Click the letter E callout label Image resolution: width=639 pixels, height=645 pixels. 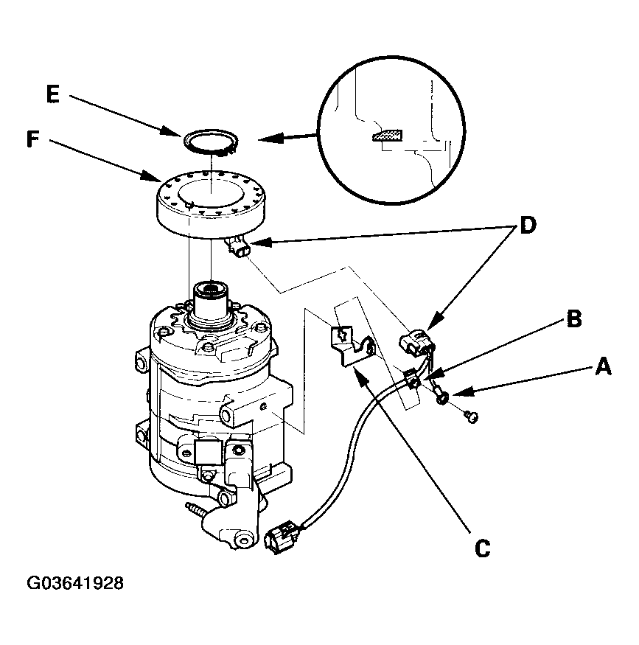coord(53,94)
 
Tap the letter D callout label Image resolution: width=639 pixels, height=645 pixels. coord(528,225)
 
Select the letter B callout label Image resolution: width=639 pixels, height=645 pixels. coord(574,318)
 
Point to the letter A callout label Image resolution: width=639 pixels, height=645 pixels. coord(603,366)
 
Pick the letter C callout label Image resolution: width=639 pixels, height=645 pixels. coord(482,548)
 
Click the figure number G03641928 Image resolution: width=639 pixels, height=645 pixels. coord(75,583)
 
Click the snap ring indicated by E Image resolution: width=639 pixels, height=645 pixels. coord(211,142)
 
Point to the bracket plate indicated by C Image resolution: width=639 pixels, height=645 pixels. coord(352,344)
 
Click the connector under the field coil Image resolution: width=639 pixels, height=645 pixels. coord(237,246)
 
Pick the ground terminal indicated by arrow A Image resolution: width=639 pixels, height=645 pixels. coord(440,392)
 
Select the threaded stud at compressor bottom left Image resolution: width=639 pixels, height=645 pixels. coord(195,509)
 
